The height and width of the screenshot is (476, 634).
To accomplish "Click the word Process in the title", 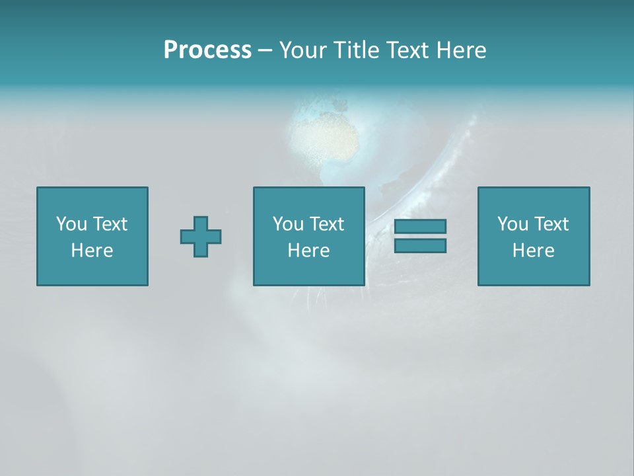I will point(207,50).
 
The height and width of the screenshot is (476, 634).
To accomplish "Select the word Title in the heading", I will point(355,50).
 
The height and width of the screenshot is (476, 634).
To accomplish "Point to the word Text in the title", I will point(407,50).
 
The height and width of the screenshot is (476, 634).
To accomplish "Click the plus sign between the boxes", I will point(201,237).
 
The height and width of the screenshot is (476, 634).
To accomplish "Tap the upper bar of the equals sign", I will point(420,227).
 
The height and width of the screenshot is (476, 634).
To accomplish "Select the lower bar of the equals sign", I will point(420,245).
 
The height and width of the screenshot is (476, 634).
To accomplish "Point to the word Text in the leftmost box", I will point(110,224).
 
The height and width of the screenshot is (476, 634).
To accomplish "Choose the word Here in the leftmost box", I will point(92,251).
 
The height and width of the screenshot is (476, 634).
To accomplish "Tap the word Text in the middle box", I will point(326,224).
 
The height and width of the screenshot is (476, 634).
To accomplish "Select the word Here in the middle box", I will point(308,251).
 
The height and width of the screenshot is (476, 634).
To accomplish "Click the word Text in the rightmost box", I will point(551,224).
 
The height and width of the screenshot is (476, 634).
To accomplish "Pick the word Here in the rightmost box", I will point(533,251).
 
